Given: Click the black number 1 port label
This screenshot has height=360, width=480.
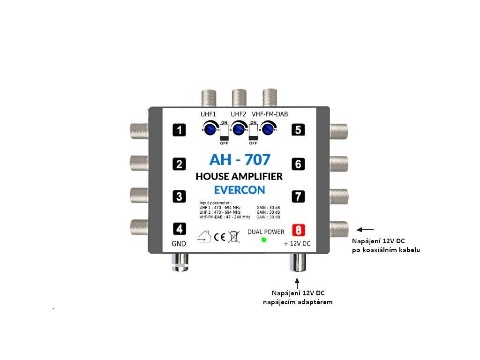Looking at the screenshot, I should pyautogui.click(x=179, y=130).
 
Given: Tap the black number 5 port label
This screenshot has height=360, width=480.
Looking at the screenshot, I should pyautogui.click(x=299, y=130).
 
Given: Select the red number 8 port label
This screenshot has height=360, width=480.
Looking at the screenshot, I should pyautogui.click(x=299, y=230).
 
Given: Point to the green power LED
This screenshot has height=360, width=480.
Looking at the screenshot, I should pyautogui.click(x=263, y=240).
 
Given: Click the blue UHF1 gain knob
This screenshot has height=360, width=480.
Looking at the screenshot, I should pyautogui.click(x=211, y=128).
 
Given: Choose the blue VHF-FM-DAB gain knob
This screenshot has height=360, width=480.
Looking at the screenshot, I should pyautogui.click(x=268, y=128).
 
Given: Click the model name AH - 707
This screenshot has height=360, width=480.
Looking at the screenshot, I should pyautogui.click(x=240, y=159).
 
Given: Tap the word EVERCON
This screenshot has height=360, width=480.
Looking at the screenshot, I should pyautogui.click(x=240, y=190).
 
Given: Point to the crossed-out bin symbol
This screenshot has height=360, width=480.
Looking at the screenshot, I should pyautogui.click(x=233, y=236).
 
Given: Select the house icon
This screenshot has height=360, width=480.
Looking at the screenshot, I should pyautogui.click(x=205, y=237).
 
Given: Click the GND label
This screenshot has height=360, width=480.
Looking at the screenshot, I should pyautogui.click(x=179, y=244).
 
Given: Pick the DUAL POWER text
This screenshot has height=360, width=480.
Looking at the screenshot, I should pyautogui.click(x=266, y=232).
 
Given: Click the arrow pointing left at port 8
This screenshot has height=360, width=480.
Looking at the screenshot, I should pyautogui.click(x=365, y=230).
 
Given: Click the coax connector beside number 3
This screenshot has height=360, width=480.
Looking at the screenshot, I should pyautogui.click(x=139, y=195).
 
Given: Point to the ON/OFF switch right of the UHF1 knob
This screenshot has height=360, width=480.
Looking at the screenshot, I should pyautogui.click(x=225, y=131).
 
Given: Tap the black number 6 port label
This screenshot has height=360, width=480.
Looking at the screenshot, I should pyautogui.click(x=299, y=164).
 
